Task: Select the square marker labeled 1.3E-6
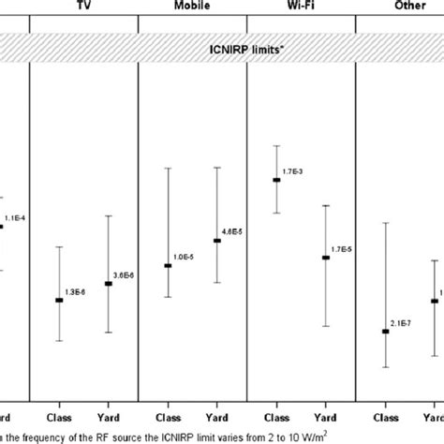point(59,300)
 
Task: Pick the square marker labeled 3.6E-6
point(108,284)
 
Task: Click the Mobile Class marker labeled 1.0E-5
point(168,266)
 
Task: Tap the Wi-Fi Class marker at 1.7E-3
point(276,180)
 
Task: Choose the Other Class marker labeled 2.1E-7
point(386,331)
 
